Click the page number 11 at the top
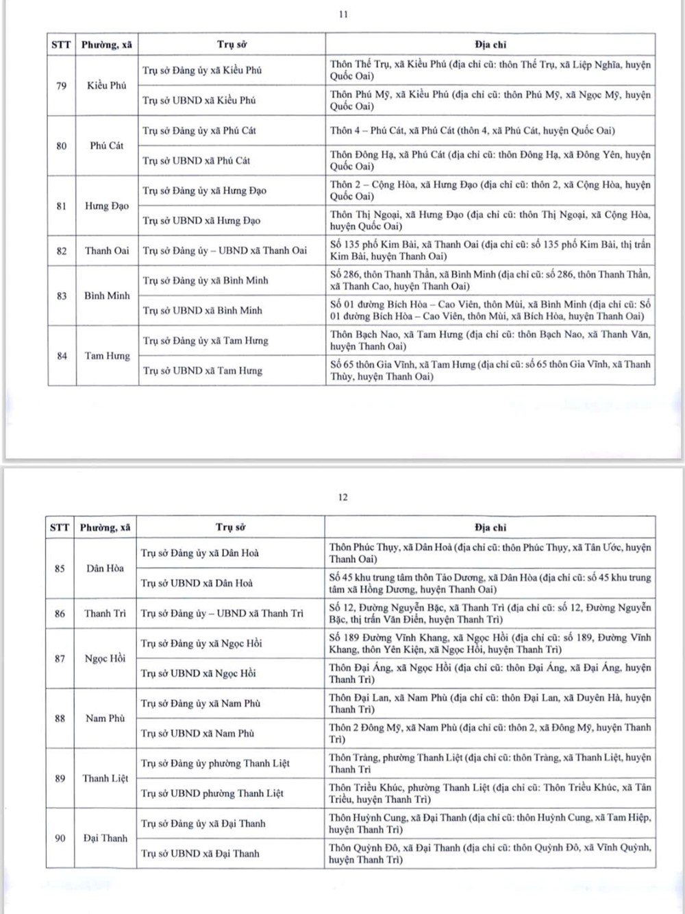[343, 14]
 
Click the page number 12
[342, 497]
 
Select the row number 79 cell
[62, 86]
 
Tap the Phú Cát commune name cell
[107, 145]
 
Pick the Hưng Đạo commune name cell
[107, 206]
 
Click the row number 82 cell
[62, 251]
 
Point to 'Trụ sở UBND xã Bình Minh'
[202, 311]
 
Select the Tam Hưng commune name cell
[107, 356]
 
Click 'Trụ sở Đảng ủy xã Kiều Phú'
[202, 70]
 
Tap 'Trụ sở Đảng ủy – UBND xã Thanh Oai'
[225, 251]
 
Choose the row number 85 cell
[60, 568]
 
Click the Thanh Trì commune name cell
[105, 614]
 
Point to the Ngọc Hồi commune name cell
[105, 659]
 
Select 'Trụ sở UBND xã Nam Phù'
[197, 734]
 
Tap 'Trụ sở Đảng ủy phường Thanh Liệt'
[215, 763]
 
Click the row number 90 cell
[60, 839]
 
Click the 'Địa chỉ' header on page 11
[490, 45]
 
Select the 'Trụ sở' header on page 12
[230, 527]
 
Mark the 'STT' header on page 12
[60, 527]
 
